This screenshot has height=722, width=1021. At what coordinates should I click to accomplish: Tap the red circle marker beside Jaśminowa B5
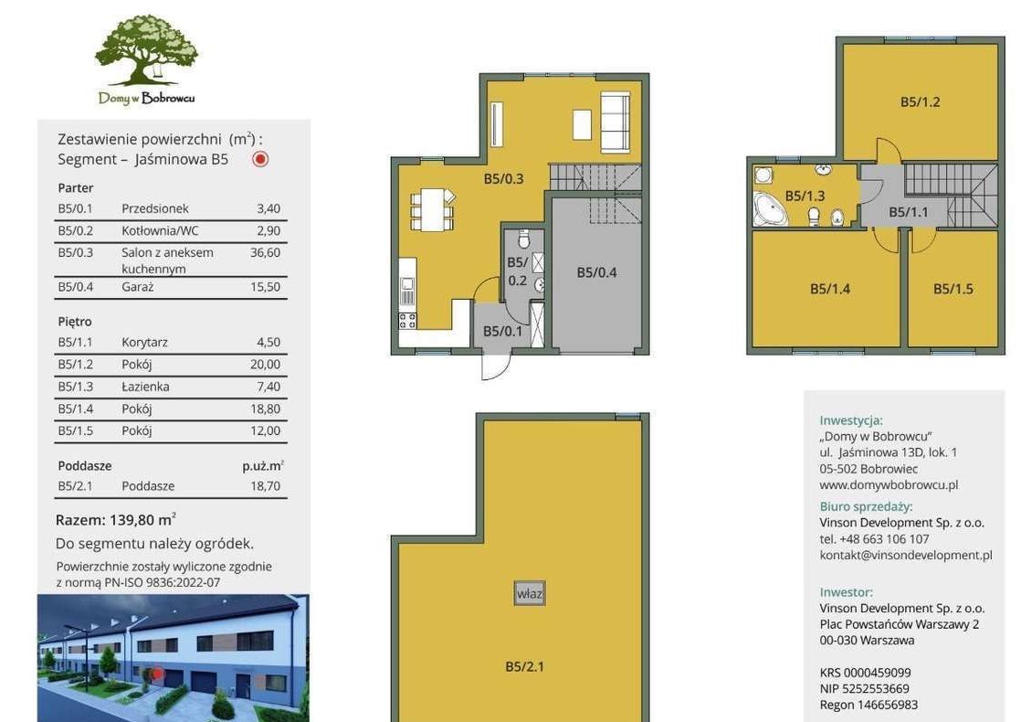(260, 159)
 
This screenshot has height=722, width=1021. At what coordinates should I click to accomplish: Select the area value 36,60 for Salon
(265, 252)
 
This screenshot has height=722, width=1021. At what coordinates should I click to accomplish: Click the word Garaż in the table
(137, 287)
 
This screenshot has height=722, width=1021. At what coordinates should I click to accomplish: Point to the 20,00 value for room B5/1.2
(265, 365)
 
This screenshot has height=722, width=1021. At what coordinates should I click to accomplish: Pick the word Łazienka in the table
(145, 387)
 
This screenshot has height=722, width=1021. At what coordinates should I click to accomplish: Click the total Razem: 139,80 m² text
(115, 520)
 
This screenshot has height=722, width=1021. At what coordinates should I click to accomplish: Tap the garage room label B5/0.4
(596, 272)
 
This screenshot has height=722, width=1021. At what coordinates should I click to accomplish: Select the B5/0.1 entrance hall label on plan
(502, 331)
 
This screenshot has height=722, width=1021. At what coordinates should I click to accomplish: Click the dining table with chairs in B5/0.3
(432, 209)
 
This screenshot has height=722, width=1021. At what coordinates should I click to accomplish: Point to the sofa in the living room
(615, 122)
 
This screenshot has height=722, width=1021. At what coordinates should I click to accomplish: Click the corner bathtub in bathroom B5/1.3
(770, 209)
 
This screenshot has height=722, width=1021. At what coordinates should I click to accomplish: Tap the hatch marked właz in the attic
(530, 594)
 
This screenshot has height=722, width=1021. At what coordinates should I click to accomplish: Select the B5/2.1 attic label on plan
(524, 666)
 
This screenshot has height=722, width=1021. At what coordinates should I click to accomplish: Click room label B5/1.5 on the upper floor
(953, 289)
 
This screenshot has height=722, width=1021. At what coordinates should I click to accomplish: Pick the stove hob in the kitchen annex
(407, 321)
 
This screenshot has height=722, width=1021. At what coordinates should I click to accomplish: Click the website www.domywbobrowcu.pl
(889, 484)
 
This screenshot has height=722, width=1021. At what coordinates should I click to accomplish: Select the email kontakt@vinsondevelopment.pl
(906, 555)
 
